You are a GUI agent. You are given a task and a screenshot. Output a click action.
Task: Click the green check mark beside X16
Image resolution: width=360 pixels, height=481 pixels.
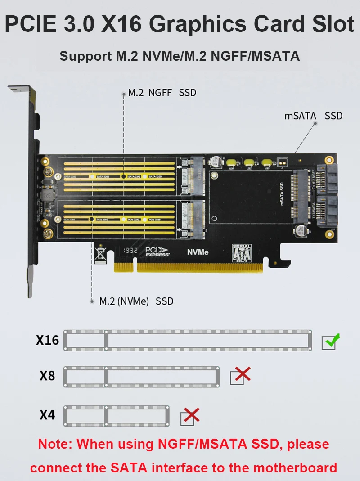(x=332, y=342)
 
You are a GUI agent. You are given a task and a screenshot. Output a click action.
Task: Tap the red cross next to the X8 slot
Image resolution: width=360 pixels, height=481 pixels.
(x=241, y=375)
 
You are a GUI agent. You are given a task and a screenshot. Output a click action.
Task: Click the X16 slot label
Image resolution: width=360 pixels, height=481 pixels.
(x=47, y=340)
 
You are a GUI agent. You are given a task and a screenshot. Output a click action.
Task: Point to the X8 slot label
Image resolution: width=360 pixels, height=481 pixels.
(x=47, y=375)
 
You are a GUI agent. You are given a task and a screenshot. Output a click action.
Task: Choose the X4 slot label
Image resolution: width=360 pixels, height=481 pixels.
(x=47, y=414)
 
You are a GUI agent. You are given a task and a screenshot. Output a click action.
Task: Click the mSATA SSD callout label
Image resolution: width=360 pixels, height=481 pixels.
(x=313, y=116)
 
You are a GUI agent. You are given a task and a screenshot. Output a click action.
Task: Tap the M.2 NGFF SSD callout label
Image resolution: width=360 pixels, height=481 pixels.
(x=162, y=93)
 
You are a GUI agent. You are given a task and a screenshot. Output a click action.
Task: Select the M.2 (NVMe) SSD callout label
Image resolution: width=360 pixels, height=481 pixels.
(x=136, y=301)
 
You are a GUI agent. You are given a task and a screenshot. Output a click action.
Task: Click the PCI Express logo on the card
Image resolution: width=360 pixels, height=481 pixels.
(x=157, y=252)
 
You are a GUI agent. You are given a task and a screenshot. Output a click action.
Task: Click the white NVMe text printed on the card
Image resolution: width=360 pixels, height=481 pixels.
(x=198, y=252)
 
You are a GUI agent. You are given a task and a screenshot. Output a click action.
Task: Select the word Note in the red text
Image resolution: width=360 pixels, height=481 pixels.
(x=54, y=444)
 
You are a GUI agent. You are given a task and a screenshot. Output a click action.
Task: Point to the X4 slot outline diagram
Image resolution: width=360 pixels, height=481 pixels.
(x=117, y=415)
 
